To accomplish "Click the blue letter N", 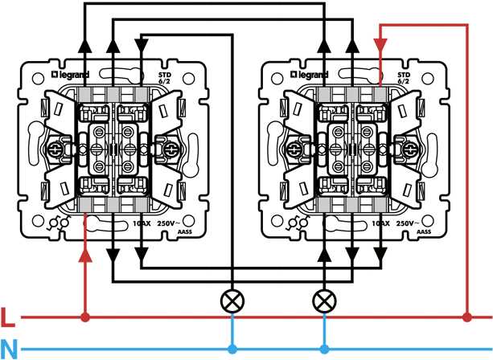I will pyautogui.click(x=9, y=350).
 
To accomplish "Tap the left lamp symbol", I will pyautogui.click(x=232, y=301).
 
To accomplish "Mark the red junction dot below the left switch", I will pyautogui.click(x=85, y=317).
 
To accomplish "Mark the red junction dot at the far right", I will pyautogui.click(x=467, y=317).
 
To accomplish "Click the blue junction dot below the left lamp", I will pyautogui.click(x=232, y=350).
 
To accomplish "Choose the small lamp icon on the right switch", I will pyautogui.click(x=299, y=223).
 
